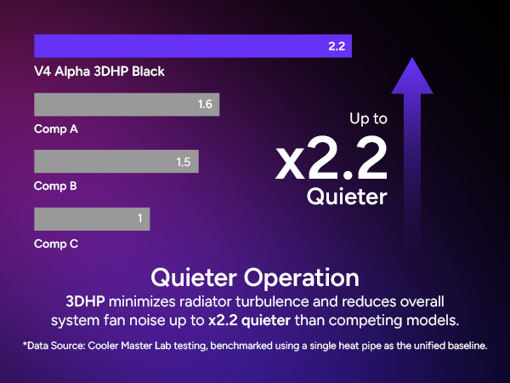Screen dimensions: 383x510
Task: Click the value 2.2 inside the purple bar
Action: (336, 47)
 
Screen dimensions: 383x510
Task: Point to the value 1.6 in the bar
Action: (204, 105)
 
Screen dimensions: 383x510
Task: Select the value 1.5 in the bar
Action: (183, 162)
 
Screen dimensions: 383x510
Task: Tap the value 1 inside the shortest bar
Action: (139, 219)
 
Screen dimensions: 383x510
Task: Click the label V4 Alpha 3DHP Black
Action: (99, 71)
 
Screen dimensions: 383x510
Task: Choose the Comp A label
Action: (56, 129)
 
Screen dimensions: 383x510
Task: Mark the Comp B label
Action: (56, 186)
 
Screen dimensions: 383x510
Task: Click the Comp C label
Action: (56, 243)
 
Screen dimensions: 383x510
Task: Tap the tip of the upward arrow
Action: (411, 61)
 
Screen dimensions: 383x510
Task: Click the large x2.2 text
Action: (331, 157)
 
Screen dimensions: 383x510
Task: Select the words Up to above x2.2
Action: (369, 120)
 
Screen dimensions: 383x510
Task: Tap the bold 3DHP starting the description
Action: (88, 302)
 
